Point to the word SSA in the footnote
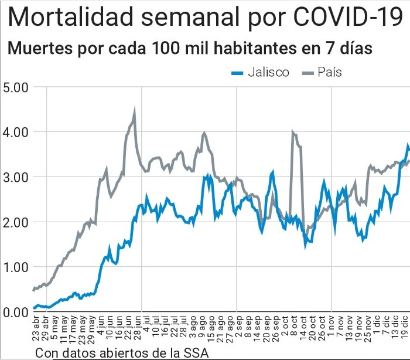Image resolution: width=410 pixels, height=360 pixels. (x=196, y=352)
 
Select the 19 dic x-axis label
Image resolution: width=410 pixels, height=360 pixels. (x=404, y=330)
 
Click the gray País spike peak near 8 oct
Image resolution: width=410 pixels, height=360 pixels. (x=292, y=132)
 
